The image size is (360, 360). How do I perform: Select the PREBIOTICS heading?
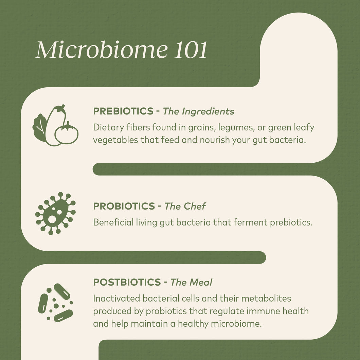123,111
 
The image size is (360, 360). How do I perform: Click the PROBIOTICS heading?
124,206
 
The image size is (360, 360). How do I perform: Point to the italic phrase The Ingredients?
198,111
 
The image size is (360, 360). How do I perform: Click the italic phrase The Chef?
185,206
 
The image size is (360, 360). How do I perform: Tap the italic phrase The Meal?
191,282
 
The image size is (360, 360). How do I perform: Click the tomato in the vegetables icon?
67,133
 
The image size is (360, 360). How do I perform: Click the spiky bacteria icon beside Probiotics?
55,213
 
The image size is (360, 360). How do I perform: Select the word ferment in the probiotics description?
249,222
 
